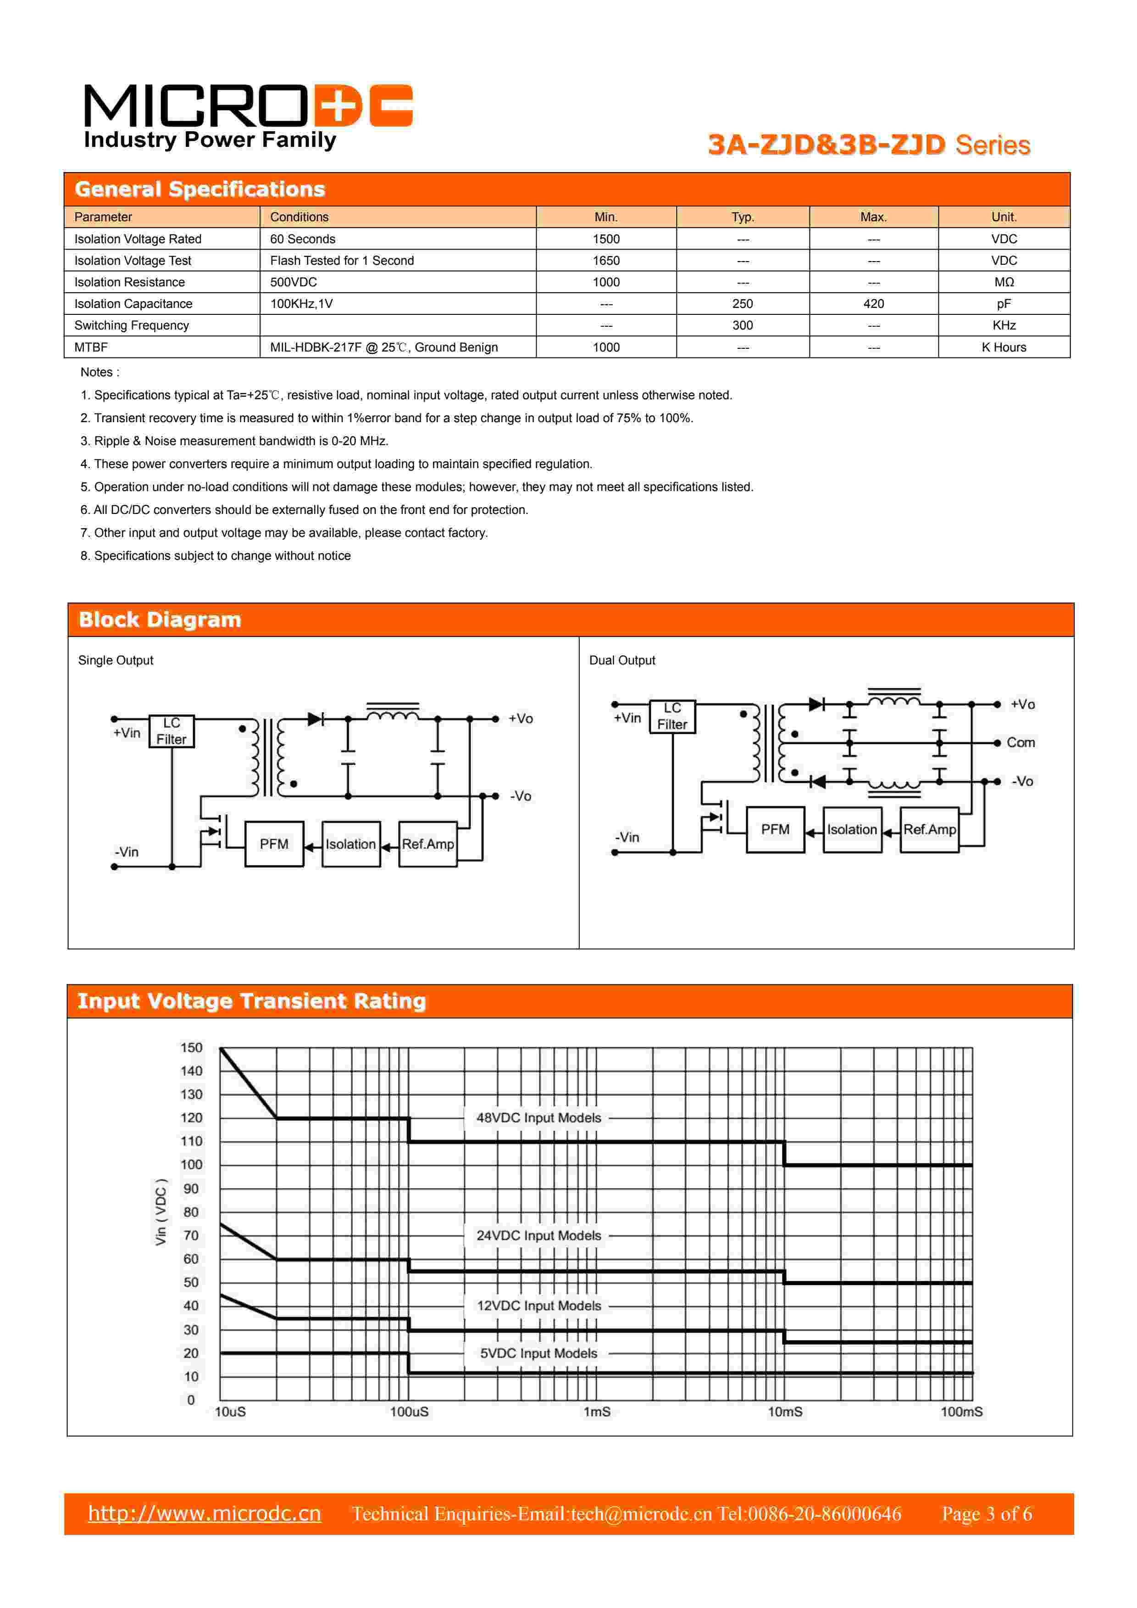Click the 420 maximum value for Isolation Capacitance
click(x=873, y=304)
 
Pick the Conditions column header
click(x=299, y=217)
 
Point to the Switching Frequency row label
click(x=132, y=326)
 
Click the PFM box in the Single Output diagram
click(x=274, y=844)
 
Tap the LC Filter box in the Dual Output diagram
click(x=672, y=716)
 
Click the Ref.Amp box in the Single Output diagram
click(x=428, y=844)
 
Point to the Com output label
click(x=1020, y=743)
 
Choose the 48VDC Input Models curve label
click(x=538, y=1118)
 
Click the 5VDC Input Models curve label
click(x=538, y=1353)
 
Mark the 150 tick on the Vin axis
click(x=191, y=1048)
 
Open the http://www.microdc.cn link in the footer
click(x=205, y=1513)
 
